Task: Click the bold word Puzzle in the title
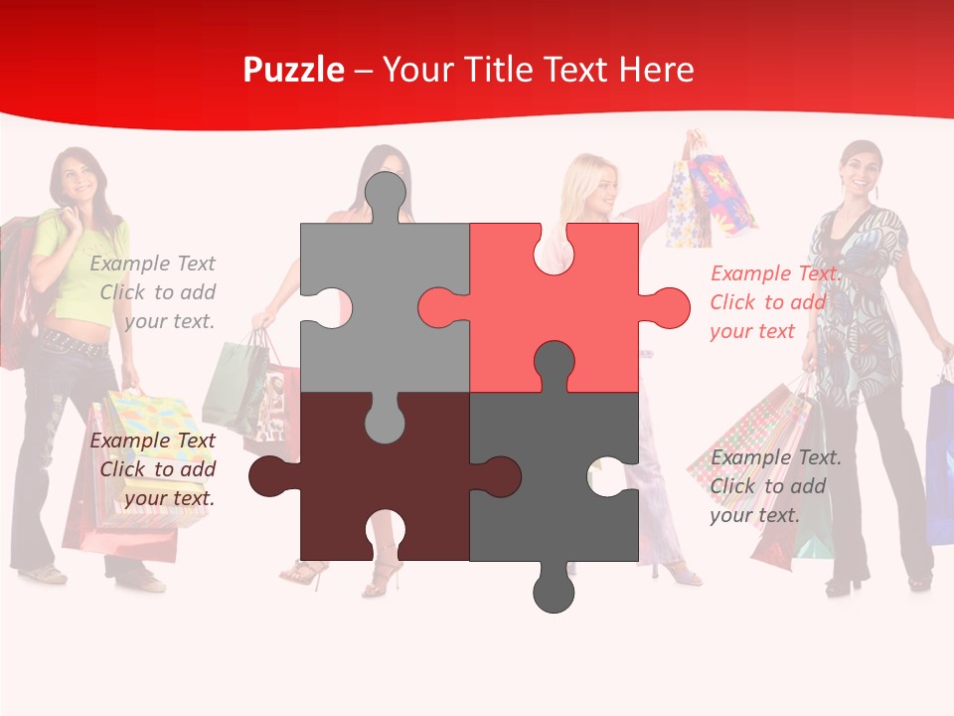[x=294, y=70]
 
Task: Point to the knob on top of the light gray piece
[x=385, y=194]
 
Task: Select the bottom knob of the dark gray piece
[x=554, y=591]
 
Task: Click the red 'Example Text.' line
[x=776, y=273]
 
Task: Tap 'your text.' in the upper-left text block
[x=169, y=321]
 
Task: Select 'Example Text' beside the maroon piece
[x=152, y=441]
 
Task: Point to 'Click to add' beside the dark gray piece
[x=768, y=486]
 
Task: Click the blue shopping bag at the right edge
[x=940, y=457]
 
